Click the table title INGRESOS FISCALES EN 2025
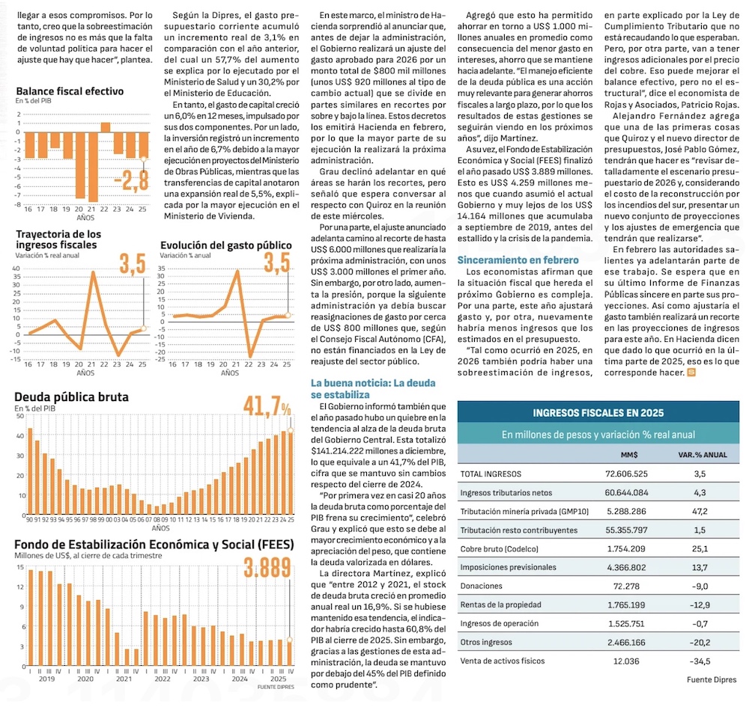(598, 412)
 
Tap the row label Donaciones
(482, 586)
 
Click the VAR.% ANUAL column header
(702, 454)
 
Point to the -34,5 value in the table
(700, 661)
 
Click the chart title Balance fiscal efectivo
(70, 91)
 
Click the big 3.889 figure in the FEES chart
(267, 569)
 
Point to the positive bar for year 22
(106, 127)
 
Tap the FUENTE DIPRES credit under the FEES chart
(275, 686)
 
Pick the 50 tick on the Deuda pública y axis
(19, 415)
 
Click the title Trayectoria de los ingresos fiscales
(58, 239)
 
